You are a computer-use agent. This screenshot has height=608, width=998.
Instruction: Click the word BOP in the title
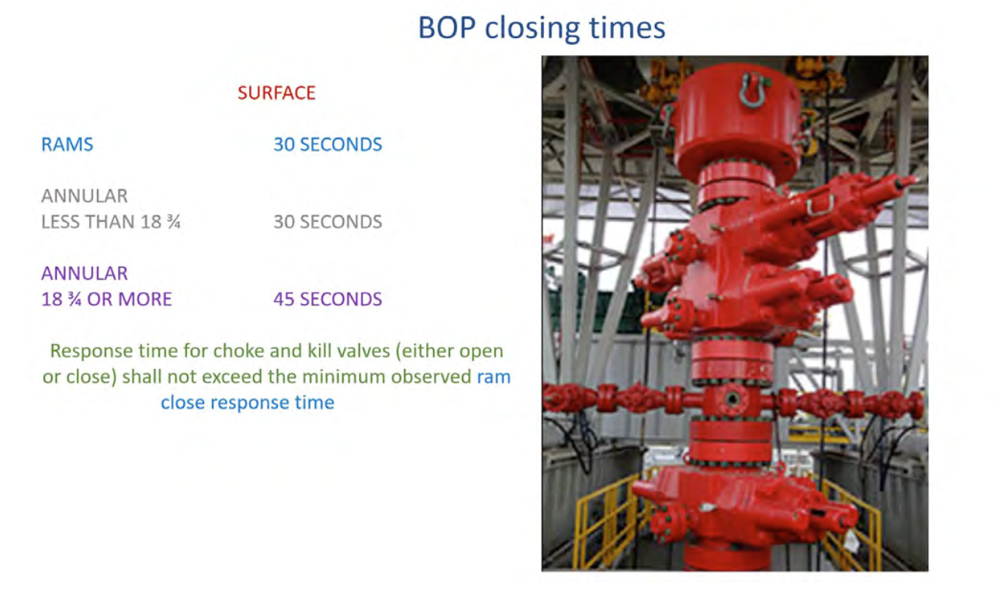(x=447, y=28)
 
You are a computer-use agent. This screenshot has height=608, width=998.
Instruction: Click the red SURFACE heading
(x=277, y=93)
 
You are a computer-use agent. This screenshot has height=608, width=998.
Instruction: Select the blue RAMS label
(x=68, y=145)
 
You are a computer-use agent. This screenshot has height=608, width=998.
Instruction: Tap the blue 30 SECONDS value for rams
(x=328, y=145)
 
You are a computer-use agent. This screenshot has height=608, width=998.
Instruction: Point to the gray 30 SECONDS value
(x=328, y=222)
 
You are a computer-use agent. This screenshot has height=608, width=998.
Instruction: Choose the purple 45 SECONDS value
(x=328, y=299)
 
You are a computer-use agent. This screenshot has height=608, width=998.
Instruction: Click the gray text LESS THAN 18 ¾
(x=111, y=222)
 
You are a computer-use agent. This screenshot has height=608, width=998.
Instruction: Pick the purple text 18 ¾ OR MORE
(x=106, y=299)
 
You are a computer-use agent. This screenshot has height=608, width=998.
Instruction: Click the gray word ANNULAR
(x=85, y=196)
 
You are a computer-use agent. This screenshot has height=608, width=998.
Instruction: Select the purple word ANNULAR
(x=85, y=274)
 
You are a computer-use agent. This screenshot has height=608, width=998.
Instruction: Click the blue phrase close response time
(x=248, y=402)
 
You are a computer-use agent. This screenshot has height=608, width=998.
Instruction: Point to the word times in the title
(x=627, y=28)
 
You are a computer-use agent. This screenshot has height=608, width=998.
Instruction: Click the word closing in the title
(x=532, y=29)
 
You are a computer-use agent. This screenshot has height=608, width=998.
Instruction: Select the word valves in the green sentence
(x=362, y=351)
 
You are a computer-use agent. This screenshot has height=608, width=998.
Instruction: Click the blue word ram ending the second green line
(x=494, y=378)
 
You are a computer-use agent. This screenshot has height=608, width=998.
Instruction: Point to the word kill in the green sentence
(x=319, y=351)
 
